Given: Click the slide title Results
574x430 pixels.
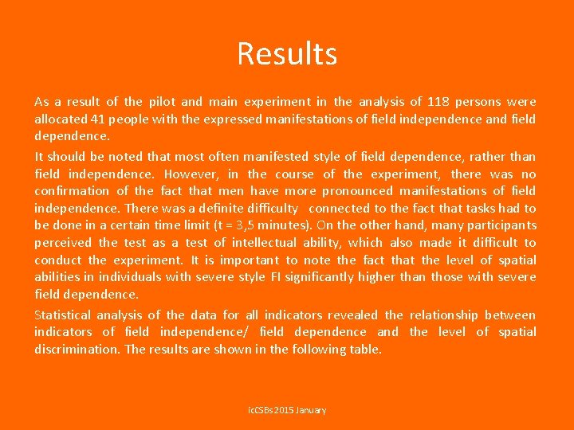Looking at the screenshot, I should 287,54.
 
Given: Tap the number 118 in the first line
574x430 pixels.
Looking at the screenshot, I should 438,102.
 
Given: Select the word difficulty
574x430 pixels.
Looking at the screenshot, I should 267,209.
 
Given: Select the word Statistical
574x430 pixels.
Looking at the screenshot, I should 62,315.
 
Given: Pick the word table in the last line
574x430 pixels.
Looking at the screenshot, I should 365,350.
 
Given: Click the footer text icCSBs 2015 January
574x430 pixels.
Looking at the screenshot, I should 287,410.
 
